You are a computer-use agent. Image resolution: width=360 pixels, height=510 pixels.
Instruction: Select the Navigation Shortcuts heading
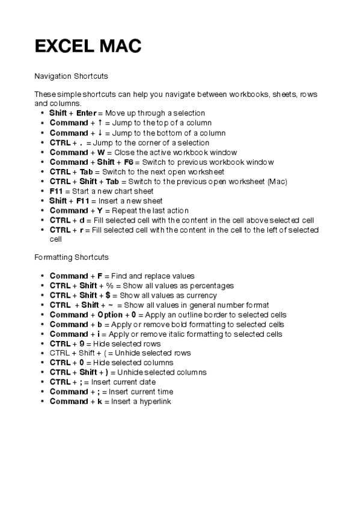click(x=72, y=77)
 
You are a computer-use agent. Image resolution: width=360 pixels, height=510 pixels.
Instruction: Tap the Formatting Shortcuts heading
click(x=72, y=257)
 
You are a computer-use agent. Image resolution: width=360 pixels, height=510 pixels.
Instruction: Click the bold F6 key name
click(x=129, y=162)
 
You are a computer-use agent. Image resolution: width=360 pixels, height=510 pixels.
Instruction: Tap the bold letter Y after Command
click(x=100, y=210)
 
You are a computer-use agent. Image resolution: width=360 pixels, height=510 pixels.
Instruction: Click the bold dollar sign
click(x=108, y=295)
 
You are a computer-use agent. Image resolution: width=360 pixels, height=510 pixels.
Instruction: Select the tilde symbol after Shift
click(x=112, y=305)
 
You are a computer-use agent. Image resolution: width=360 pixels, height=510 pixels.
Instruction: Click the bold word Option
click(x=110, y=315)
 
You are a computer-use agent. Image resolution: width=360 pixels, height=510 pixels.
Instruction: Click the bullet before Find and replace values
click(x=41, y=276)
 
